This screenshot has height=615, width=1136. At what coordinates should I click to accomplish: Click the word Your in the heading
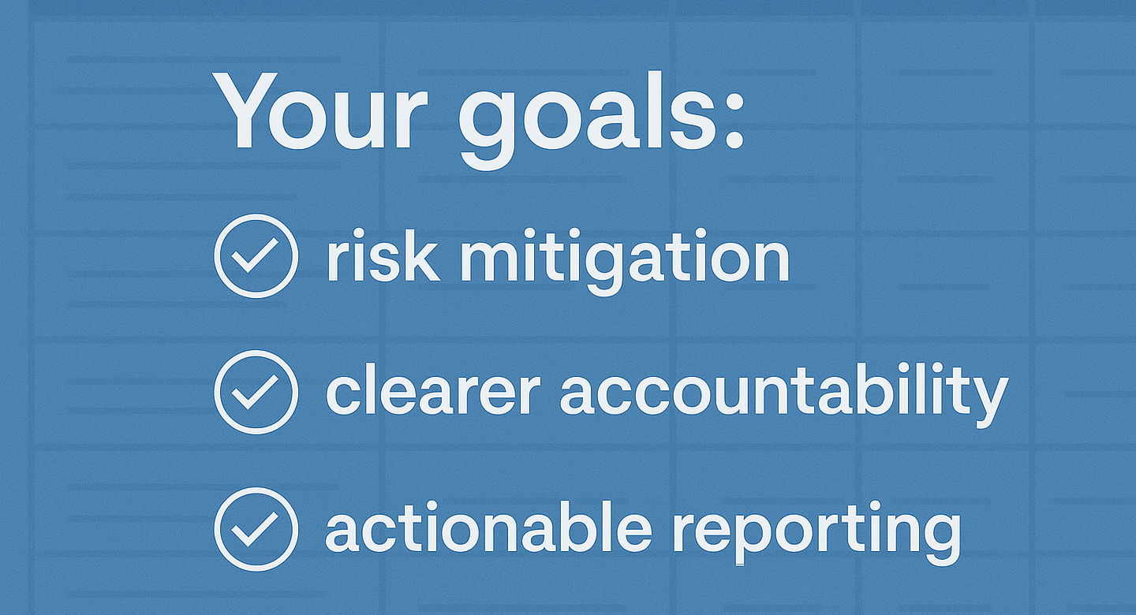pyautogui.click(x=319, y=112)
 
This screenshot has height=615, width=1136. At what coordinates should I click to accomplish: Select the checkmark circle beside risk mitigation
pyautogui.click(x=256, y=256)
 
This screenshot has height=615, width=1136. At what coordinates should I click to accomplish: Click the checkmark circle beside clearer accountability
pyautogui.click(x=256, y=392)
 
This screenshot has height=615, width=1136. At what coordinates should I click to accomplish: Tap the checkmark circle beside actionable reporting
pyautogui.click(x=256, y=527)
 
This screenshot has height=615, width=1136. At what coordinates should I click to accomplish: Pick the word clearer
pyautogui.click(x=432, y=392)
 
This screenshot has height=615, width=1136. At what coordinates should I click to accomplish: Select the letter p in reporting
pyautogui.click(x=738, y=536)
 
